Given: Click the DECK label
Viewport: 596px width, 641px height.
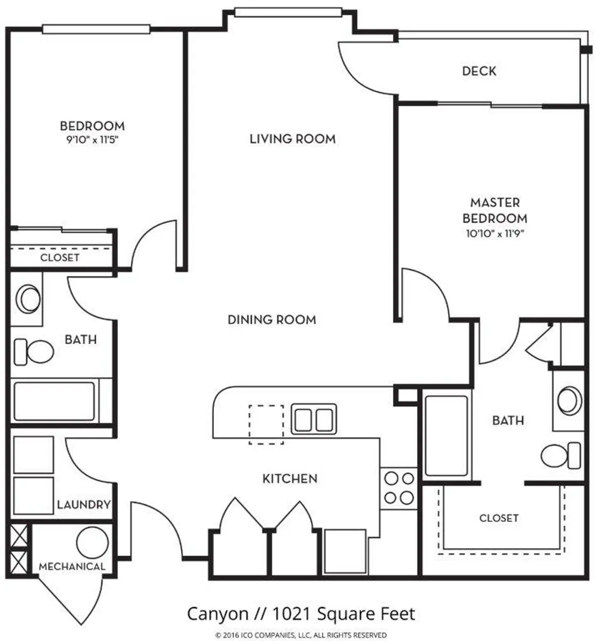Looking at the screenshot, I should (x=479, y=71).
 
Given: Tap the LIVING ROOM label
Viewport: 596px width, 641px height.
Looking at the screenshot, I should (x=293, y=139).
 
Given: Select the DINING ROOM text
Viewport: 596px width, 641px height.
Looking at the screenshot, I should (x=272, y=319).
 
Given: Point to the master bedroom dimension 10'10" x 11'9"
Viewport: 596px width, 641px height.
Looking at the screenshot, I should (x=494, y=233).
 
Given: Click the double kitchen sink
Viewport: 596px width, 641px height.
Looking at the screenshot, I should (x=314, y=419).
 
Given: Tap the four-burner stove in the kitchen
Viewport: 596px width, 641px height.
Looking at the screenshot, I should (x=399, y=487).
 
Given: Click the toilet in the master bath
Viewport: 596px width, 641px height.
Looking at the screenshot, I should (x=560, y=456).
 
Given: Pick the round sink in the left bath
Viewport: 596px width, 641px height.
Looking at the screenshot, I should (x=27, y=299).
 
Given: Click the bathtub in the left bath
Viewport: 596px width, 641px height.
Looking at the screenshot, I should (x=55, y=401).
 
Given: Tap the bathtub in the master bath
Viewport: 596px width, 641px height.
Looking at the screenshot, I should (x=445, y=435).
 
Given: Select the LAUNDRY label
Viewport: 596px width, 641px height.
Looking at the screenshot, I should (x=84, y=504).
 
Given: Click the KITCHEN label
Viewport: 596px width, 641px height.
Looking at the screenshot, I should (x=290, y=479).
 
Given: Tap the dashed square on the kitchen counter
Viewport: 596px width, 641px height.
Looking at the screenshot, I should (x=266, y=425).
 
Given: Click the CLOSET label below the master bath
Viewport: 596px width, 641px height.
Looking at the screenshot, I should (x=499, y=518).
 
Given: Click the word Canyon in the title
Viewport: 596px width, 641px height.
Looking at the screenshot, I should (x=218, y=614).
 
